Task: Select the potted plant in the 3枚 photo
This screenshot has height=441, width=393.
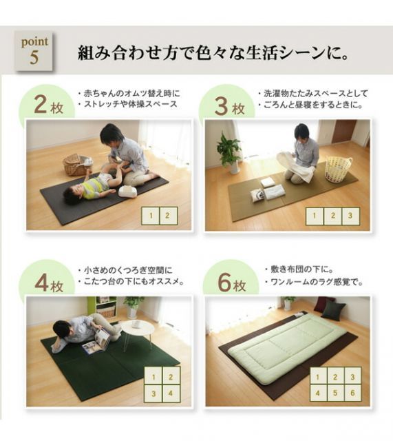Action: [x=229, y=151]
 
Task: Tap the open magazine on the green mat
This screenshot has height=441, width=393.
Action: [x=96, y=340]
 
